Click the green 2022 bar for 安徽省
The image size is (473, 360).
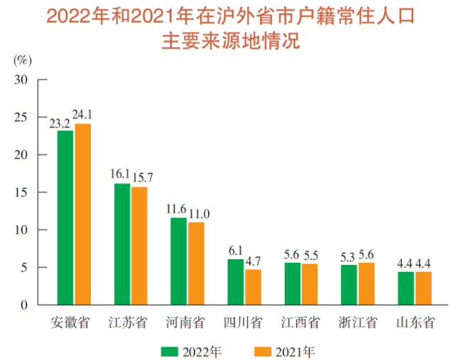pos(65,217)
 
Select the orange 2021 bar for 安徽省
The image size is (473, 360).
pos(83,214)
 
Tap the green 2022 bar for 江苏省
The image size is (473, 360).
pos(122,244)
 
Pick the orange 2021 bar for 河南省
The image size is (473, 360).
pos(196,263)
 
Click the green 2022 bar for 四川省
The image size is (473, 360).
pos(235,282)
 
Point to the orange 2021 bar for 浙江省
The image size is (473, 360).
pos(366,283)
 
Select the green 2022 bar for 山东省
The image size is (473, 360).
pos(406,288)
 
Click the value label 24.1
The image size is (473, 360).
pos(83,114)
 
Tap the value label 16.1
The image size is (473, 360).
pos(120,174)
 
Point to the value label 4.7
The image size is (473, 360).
pos(254,260)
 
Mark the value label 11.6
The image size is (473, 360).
pos(176,208)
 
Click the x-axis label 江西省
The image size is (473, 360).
pos(300,323)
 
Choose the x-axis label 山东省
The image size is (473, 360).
pos(414,323)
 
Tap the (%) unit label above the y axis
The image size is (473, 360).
pos(23,60)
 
